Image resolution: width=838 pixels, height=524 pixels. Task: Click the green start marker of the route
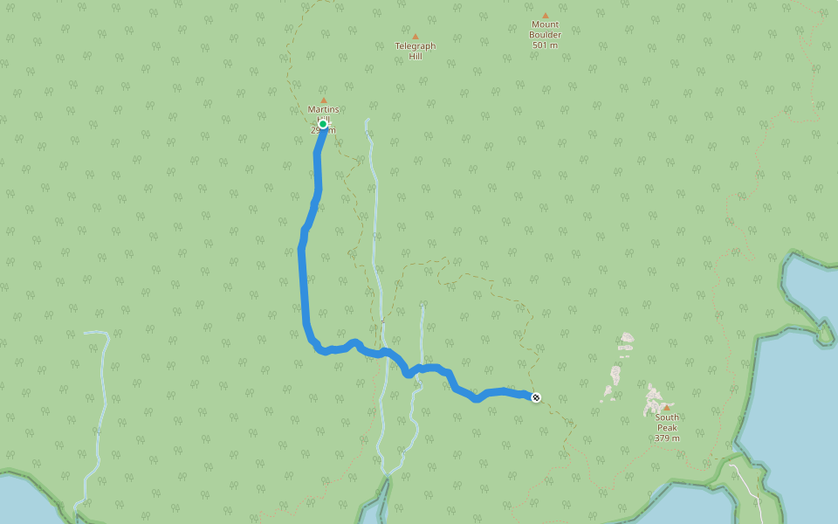(x=323, y=124)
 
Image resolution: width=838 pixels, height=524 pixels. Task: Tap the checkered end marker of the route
(x=536, y=397)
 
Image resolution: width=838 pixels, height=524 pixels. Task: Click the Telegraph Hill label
(x=415, y=52)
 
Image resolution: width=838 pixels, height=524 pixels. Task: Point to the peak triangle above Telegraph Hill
(x=415, y=37)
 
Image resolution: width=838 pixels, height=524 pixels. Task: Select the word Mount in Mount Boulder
(x=545, y=24)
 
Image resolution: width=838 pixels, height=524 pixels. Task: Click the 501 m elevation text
(x=545, y=45)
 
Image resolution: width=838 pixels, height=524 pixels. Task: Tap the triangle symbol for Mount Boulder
(x=545, y=16)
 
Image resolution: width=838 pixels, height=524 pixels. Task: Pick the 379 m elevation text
(x=667, y=438)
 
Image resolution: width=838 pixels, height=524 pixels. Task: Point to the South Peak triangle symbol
(x=666, y=407)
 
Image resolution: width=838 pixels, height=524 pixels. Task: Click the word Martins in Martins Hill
(x=323, y=109)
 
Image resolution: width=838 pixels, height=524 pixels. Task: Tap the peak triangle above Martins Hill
(x=323, y=100)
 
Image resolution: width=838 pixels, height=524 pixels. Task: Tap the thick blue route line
(x=303, y=279)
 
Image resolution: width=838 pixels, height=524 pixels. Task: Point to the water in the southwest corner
(x=26, y=502)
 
